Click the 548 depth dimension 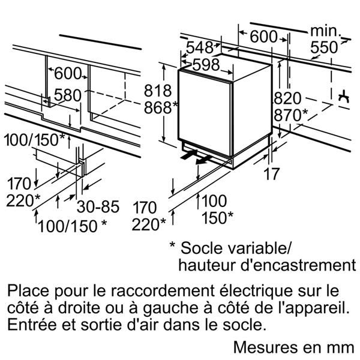[200, 47]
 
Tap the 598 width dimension [206, 65]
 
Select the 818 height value [158, 91]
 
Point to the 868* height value [161, 107]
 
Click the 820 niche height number [287, 98]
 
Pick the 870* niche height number [290, 115]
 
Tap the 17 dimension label [272, 174]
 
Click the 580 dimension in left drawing [67, 95]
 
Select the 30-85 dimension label [98, 206]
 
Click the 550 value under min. [324, 47]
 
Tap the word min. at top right [326, 31]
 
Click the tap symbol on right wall [344, 97]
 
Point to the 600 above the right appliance [263, 37]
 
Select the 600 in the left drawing [68, 73]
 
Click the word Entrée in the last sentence [32, 325]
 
